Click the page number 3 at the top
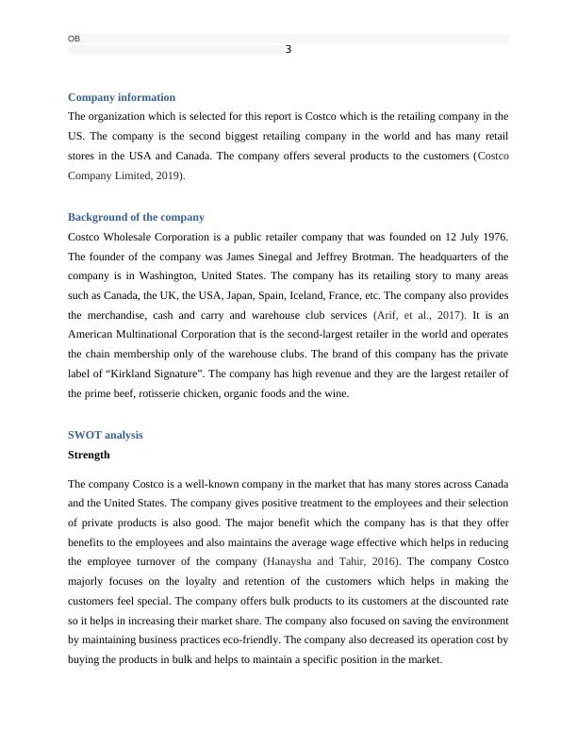[x=288, y=49]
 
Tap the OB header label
[x=74, y=39]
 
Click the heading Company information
[x=122, y=97]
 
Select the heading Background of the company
[x=136, y=217]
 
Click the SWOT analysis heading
[x=106, y=435]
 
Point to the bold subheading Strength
[x=89, y=455]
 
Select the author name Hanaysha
[x=289, y=561]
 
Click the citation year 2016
[x=381, y=561]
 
